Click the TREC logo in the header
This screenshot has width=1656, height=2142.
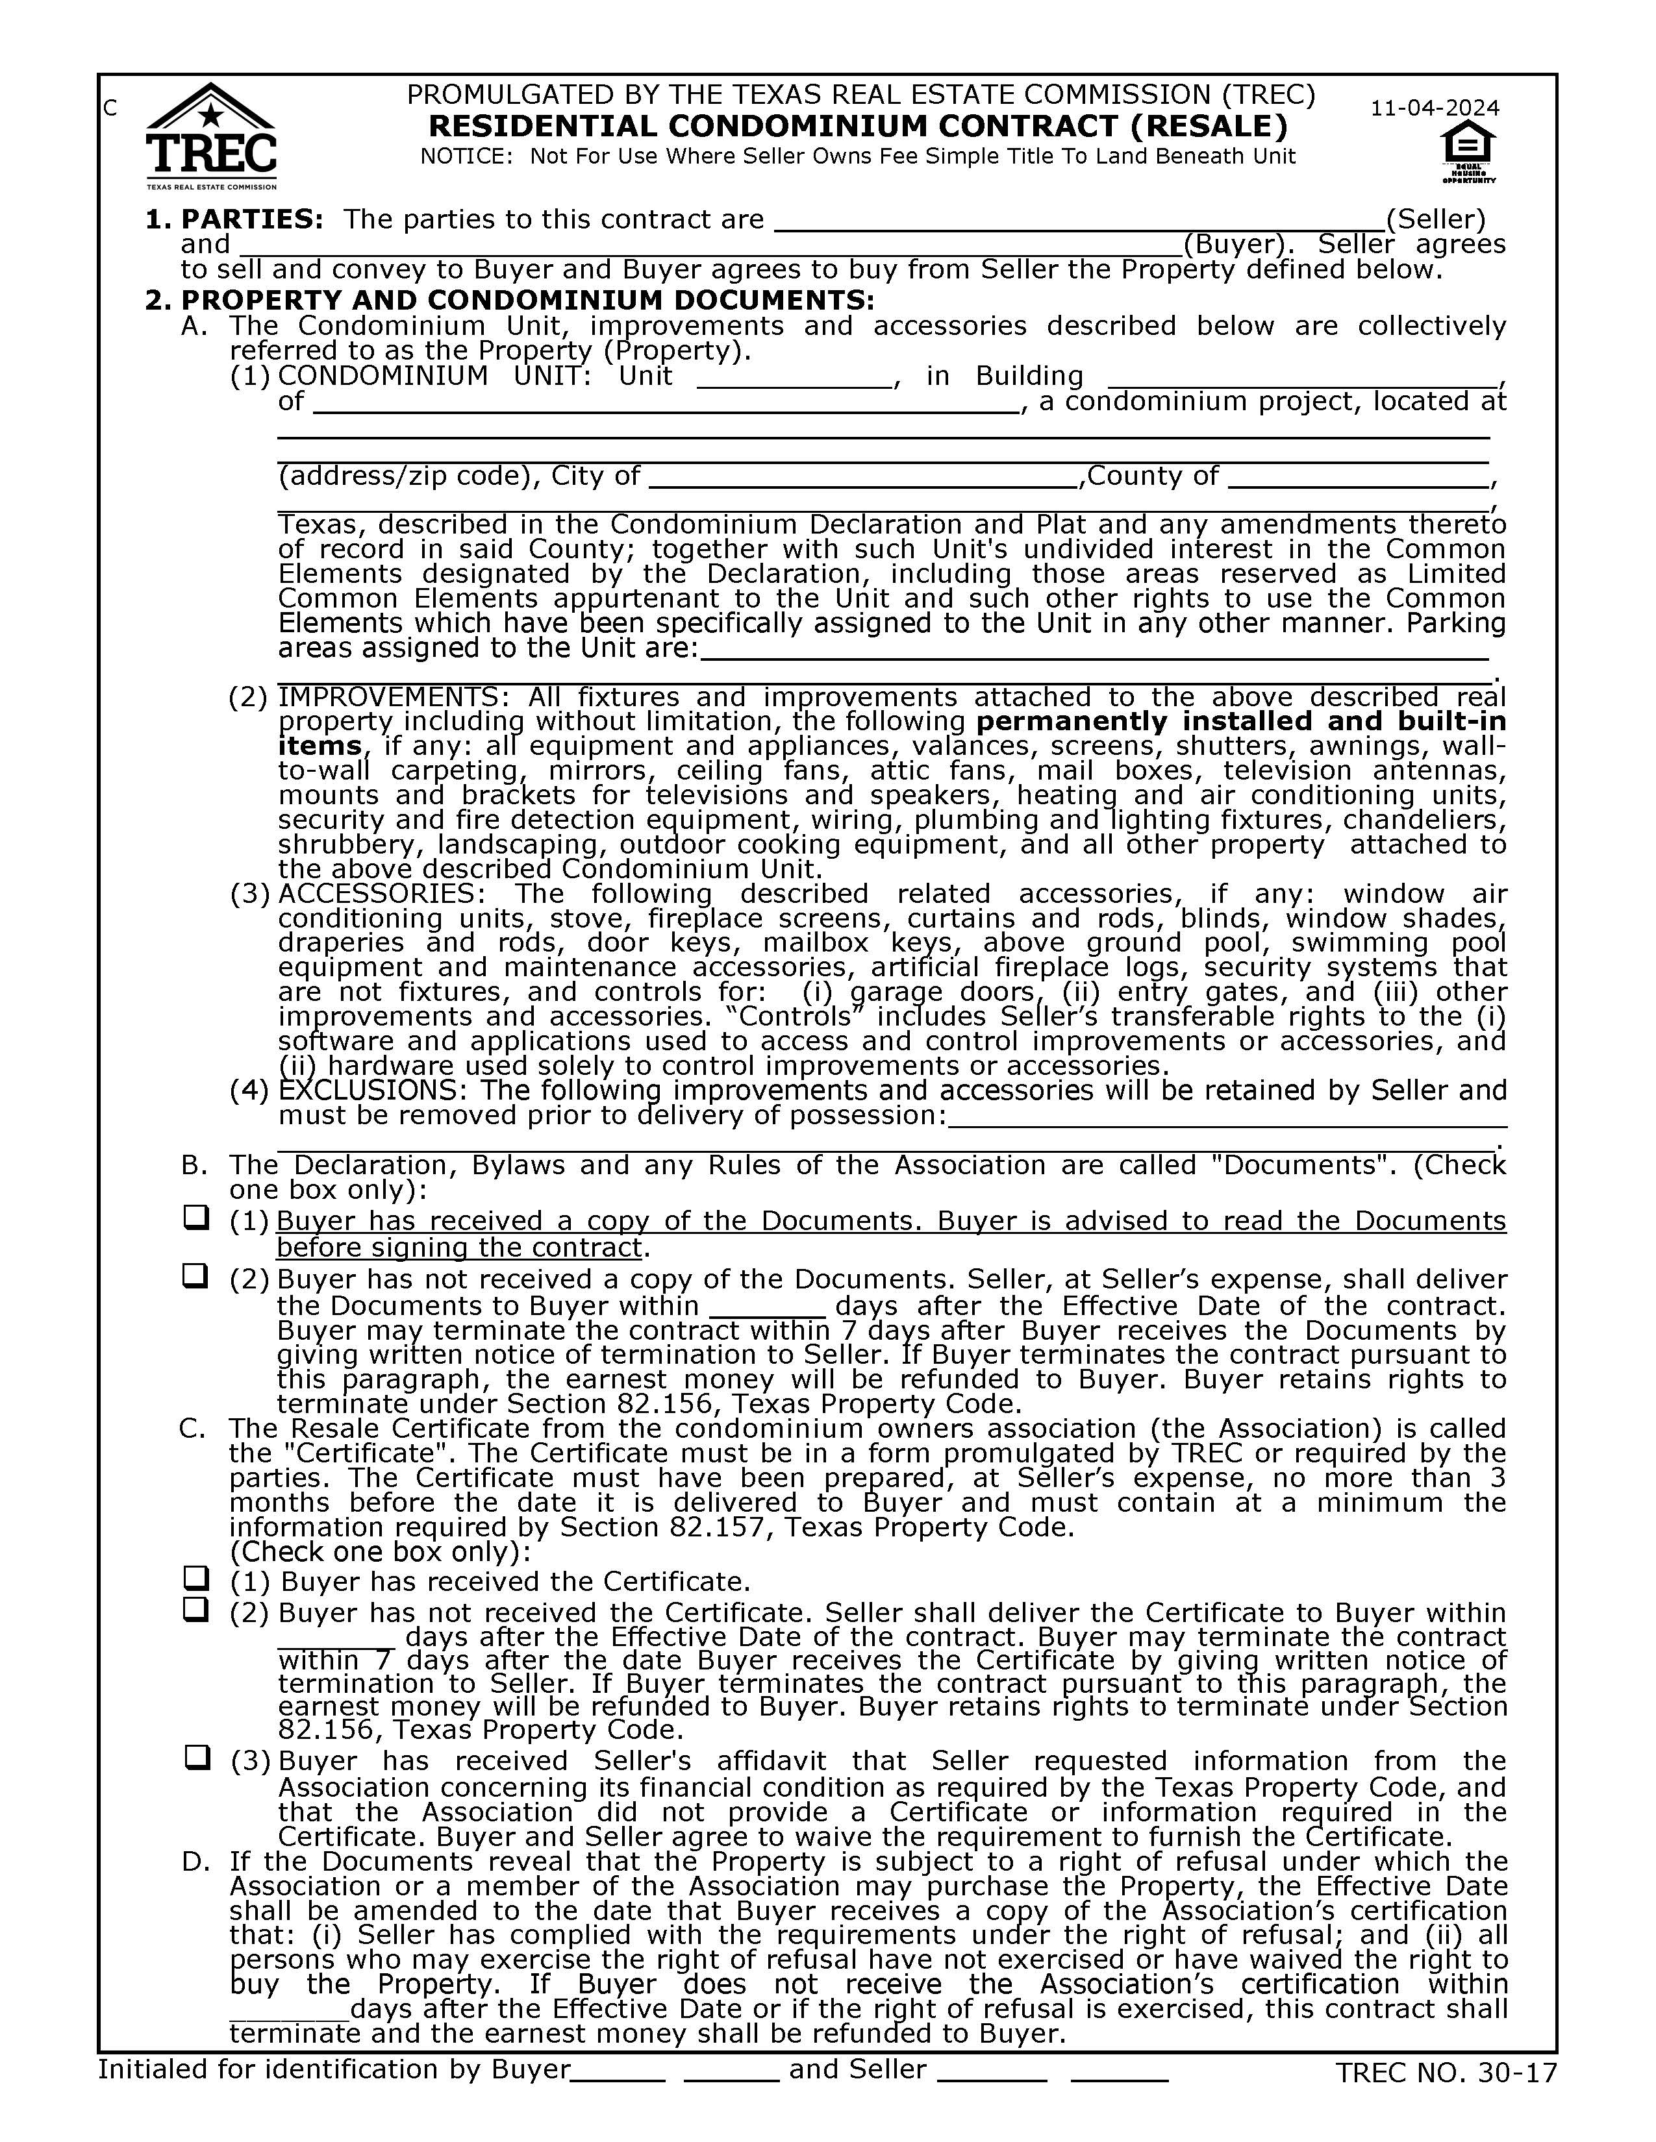(x=211, y=138)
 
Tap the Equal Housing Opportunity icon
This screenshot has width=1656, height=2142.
(x=1468, y=151)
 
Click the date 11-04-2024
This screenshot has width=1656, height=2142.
(x=1435, y=108)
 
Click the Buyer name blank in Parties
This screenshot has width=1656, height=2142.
(x=710, y=246)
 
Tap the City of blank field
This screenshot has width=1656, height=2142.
(x=863, y=480)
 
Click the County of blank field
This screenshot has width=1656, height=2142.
(x=1359, y=480)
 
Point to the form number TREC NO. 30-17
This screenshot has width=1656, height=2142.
(x=1446, y=2073)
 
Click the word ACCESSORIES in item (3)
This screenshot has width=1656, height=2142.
(x=382, y=894)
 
